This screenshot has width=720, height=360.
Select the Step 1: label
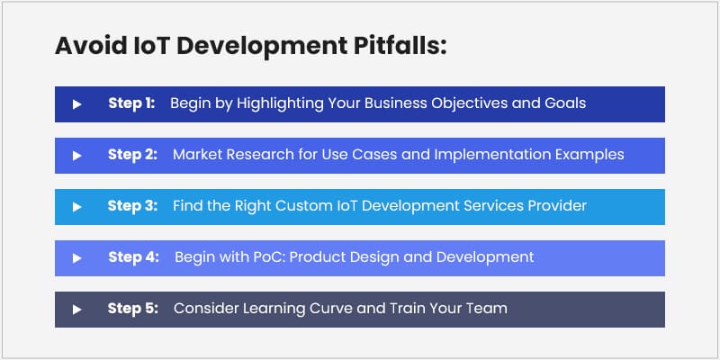(x=131, y=103)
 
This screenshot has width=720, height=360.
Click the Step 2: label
(x=133, y=155)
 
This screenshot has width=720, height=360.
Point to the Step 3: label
(x=133, y=206)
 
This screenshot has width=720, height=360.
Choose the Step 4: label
(x=134, y=257)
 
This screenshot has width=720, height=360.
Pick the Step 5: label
(x=133, y=309)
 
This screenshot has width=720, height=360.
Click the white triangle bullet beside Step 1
(x=77, y=104)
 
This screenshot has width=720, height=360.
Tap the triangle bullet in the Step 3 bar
(x=77, y=207)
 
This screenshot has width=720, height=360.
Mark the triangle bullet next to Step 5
(x=77, y=310)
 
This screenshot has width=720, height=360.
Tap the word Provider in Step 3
(x=554, y=206)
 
